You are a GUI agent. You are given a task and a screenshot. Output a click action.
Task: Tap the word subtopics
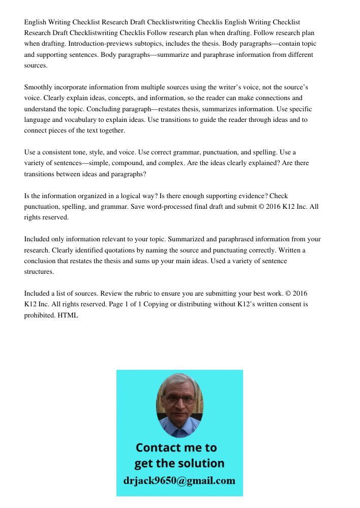click(x=130, y=44)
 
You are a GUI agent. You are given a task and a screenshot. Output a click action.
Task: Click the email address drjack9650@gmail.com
click(x=179, y=480)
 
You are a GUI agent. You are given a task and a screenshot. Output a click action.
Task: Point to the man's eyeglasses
click(x=179, y=400)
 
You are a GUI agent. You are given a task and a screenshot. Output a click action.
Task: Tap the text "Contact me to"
click(x=176, y=448)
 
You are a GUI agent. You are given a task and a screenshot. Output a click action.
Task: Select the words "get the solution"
click(x=179, y=463)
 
